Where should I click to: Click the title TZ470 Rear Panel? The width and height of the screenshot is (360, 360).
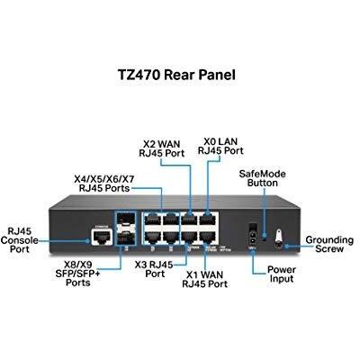pos(176,75)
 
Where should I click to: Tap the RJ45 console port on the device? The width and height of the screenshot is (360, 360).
pos(103,238)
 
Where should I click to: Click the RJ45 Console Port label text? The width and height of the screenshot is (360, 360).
pos(20,240)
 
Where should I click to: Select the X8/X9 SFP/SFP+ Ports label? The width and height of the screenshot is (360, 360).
pos(77,274)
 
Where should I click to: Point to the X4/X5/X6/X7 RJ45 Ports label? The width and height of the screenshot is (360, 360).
pos(104,184)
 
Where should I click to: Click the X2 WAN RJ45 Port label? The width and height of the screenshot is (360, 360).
pos(161,148)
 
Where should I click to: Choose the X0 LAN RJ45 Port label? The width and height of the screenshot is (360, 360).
pos(220,146)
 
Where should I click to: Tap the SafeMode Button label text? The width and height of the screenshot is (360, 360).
pos(262,178)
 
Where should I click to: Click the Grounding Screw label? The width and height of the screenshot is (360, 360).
pos(329,244)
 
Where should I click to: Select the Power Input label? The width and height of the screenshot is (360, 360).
pos(282,274)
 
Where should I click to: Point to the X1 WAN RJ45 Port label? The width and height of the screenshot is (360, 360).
pos(204,279)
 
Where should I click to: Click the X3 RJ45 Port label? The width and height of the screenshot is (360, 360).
pos(154,269)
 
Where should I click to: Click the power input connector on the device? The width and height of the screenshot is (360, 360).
pos(253,235)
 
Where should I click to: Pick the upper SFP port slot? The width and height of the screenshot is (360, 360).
pos(126,220)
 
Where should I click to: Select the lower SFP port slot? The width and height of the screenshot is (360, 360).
pos(126,238)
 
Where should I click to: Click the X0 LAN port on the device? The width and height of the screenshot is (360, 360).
pos(209,219)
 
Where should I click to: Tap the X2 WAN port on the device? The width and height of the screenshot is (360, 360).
pos(190,219)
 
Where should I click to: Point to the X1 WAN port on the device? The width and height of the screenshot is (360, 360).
pos(209,238)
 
